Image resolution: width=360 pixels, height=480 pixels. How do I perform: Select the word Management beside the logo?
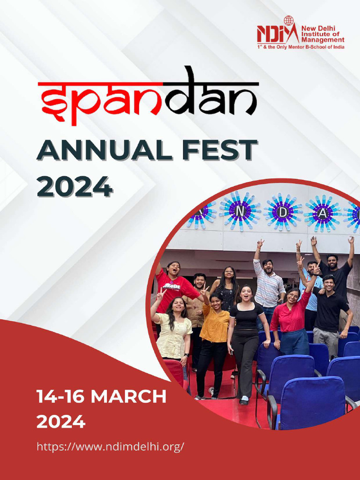click(322, 40)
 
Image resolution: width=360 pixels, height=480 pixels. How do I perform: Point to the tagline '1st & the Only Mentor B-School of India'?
click(300, 47)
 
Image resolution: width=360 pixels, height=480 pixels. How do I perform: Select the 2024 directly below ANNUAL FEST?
click(75, 186)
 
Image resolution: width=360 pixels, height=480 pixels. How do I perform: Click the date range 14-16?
click(60, 397)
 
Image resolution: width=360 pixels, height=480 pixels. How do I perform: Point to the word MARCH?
click(128, 397)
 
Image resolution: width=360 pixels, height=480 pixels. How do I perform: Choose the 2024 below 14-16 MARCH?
click(61, 422)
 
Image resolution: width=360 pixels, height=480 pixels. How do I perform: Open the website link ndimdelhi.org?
click(110, 447)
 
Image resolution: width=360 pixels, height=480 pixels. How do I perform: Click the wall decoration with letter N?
click(240, 210)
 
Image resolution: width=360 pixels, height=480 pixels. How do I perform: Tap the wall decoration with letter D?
click(283, 212)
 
